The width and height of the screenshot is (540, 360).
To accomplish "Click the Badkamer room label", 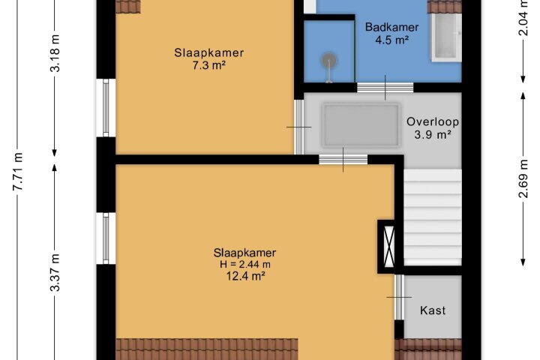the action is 391,27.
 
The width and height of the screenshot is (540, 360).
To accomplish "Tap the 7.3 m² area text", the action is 209,65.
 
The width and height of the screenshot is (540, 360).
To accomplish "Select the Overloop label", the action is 433,121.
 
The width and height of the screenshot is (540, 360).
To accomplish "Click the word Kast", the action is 433,310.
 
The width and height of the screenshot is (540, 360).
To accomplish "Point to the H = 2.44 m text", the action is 244,264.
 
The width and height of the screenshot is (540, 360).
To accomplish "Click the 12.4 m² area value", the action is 245,276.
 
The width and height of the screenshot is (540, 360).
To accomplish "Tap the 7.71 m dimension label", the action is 18,171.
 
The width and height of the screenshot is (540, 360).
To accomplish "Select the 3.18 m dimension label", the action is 55,53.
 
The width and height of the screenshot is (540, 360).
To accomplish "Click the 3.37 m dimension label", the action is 55,272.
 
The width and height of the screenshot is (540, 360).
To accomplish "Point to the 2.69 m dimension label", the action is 523,178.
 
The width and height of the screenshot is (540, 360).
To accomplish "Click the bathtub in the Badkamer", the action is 447,37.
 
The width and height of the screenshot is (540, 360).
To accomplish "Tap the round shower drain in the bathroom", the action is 329,61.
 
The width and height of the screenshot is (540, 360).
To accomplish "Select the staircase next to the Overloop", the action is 433,217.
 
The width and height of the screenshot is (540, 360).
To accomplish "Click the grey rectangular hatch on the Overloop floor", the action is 361,125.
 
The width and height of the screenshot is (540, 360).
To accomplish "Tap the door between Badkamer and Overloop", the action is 385,88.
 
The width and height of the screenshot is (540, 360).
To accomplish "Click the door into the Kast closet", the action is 399,297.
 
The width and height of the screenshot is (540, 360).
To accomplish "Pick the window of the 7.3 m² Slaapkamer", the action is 106,108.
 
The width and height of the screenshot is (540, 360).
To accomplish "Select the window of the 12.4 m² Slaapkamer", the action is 106,238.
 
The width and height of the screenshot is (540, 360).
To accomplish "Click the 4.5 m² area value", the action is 392,40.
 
